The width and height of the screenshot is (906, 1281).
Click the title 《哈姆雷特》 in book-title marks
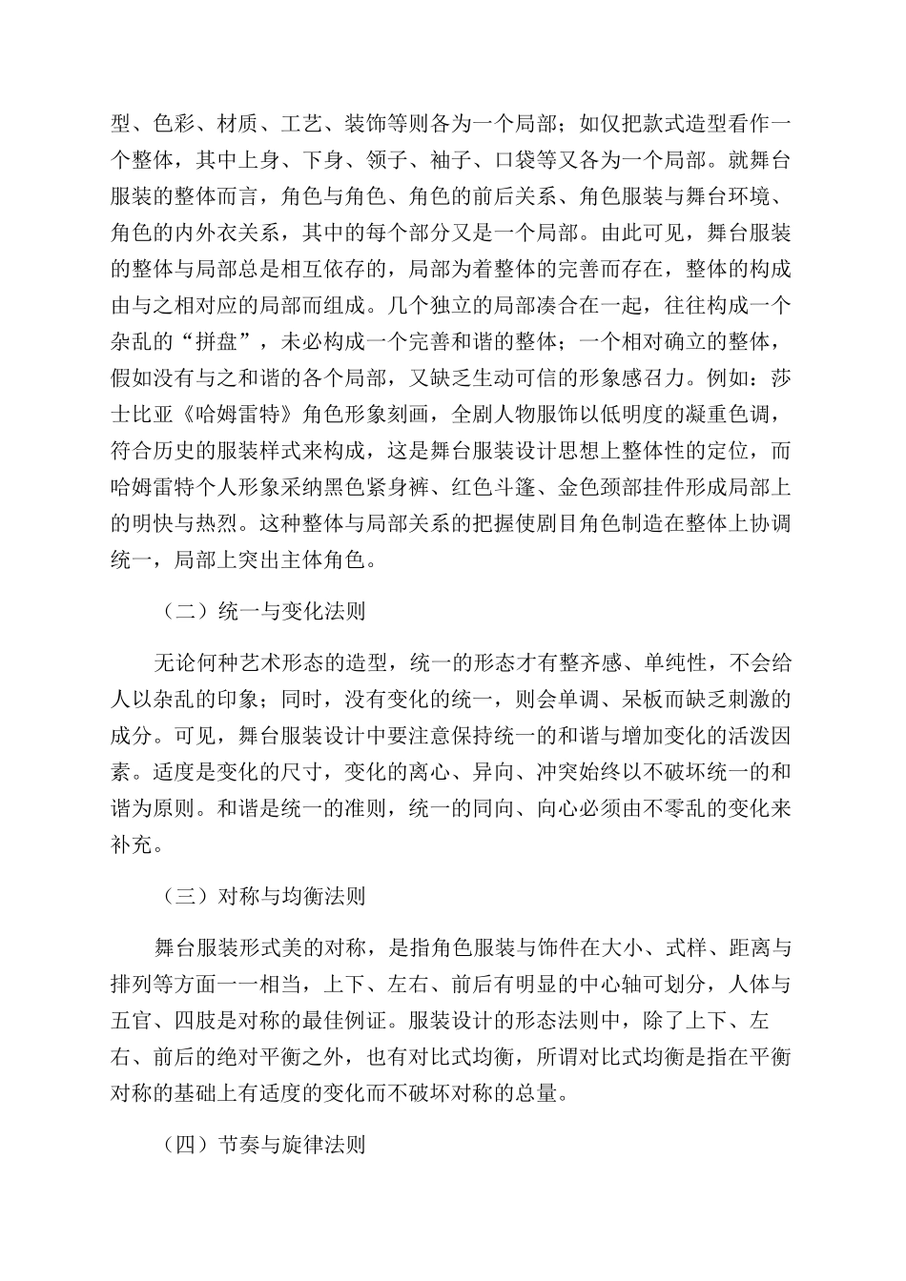pyautogui.click(x=216, y=415)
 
